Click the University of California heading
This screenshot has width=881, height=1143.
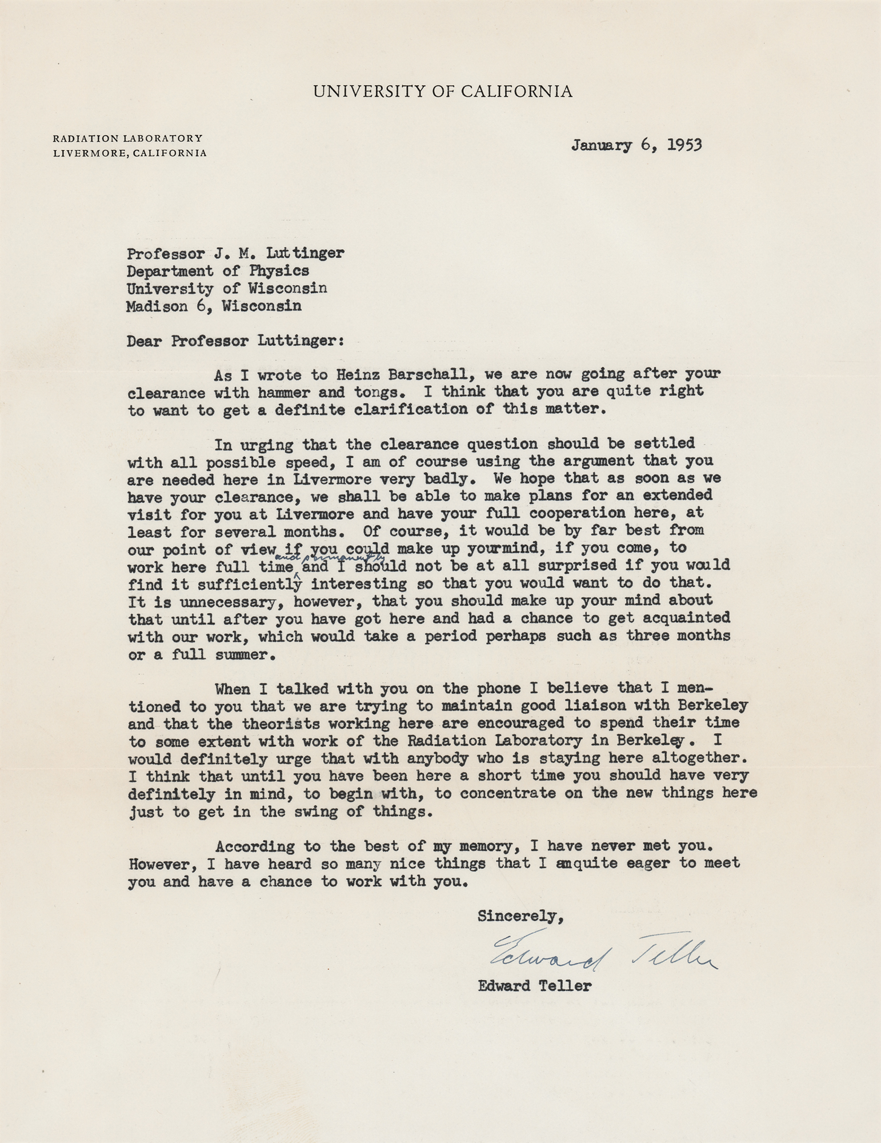tap(442, 91)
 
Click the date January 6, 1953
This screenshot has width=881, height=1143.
tap(636, 145)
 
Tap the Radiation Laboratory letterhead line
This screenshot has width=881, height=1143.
tap(127, 138)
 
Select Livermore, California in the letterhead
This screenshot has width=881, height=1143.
tap(130, 153)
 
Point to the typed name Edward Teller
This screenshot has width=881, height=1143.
tap(535, 985)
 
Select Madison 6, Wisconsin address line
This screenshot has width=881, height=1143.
tap(214, 306)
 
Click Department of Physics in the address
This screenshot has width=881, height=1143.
tap(218, 271)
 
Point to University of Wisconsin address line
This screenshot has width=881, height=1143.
tap(227, 289)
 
